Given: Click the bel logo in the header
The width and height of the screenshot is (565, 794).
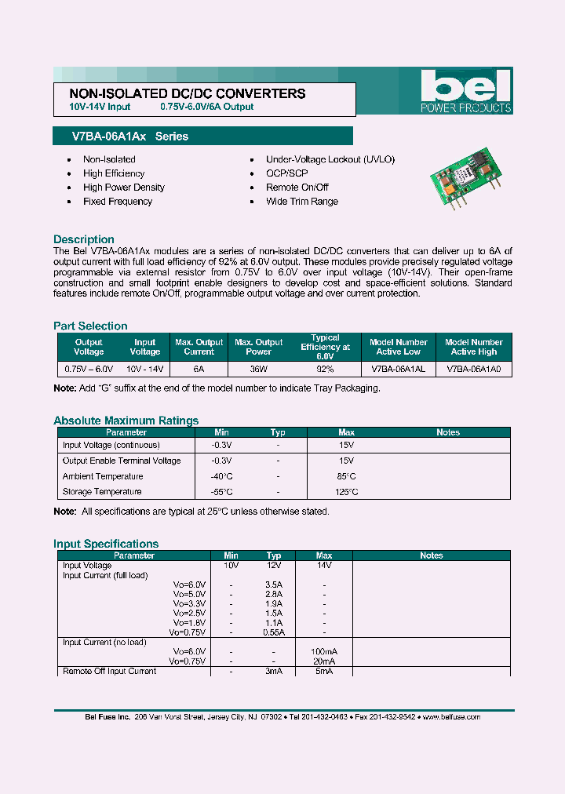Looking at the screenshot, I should click(x=465, y=87).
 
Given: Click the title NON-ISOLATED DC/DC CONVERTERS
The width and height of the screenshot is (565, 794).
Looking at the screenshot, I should click(x=182, y=93).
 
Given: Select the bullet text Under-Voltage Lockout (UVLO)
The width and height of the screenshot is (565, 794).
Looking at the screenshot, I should click(x=330, y=159).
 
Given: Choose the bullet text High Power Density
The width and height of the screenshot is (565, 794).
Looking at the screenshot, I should click(x=123, y=188).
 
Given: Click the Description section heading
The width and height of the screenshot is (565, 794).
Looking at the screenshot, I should click(x=84, y=239).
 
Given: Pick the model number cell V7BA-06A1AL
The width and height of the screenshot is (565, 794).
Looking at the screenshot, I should click(x=398, y=368).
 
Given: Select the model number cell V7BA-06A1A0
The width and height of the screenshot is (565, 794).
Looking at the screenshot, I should click(x=473, y=368).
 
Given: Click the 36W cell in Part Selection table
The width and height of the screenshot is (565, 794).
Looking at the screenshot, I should click(x=258, y=368).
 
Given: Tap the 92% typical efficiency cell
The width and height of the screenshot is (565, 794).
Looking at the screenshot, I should click(x=324, y=368).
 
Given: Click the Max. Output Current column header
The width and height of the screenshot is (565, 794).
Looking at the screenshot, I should click(x=199, y=347).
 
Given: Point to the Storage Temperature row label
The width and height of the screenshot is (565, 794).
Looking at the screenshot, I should click(x=102, y=492).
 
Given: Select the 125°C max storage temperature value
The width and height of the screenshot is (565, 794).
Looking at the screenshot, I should click(x=346, y=492).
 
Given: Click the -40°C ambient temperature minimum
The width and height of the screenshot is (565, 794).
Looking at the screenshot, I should click(x=222, y=476).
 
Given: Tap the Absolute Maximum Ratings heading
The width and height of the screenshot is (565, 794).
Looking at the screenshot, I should click(x=126, y=421).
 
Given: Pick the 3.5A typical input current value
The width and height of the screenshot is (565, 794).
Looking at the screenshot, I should click(x=274, y=585).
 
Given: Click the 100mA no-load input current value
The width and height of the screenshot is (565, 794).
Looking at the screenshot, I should click(x=323, y=652).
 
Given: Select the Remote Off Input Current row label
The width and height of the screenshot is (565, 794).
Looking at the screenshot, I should click(x=109, y=671).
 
